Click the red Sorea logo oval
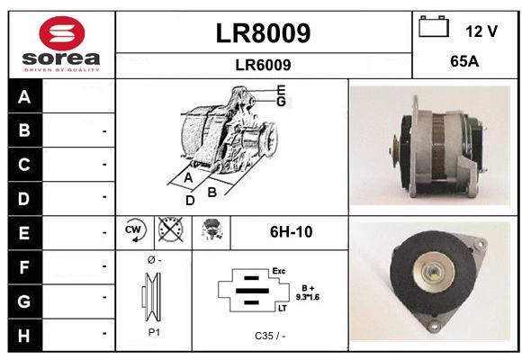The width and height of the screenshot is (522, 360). [x=62, y=33]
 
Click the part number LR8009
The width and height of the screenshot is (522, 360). [x=263, y=33]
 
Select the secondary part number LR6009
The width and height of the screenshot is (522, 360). [x=263, y=65]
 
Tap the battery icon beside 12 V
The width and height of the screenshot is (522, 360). [x=434, y=26]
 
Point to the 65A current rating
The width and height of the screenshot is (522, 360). [x=464, y=61]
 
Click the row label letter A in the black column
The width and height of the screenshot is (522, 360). [x=24, y=97]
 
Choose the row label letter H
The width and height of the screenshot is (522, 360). [x=24, y=336]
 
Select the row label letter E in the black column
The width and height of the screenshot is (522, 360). [x=24, y=233]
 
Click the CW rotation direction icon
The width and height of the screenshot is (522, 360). [x=135, y=230]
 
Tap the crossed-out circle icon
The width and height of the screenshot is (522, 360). [x=170, y=229]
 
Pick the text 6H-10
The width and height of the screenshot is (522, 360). [x=291, y=232]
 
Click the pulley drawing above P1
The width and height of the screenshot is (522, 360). [x=152, y=297]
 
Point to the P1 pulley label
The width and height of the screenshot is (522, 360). [x=154, y=332]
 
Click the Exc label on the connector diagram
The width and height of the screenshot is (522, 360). [x=279, y=271]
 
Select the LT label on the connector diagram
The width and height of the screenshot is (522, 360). [x=283, y=309]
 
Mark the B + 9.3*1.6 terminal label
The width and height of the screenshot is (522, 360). [x=308, y=292]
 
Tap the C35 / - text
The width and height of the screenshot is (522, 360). [x=270, y=336]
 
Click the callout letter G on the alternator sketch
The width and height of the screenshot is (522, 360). [x=282, y=101]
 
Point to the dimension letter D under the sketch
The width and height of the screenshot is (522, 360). [x=190, y=201]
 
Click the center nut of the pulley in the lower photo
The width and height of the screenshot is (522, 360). [x=432, y=273]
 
